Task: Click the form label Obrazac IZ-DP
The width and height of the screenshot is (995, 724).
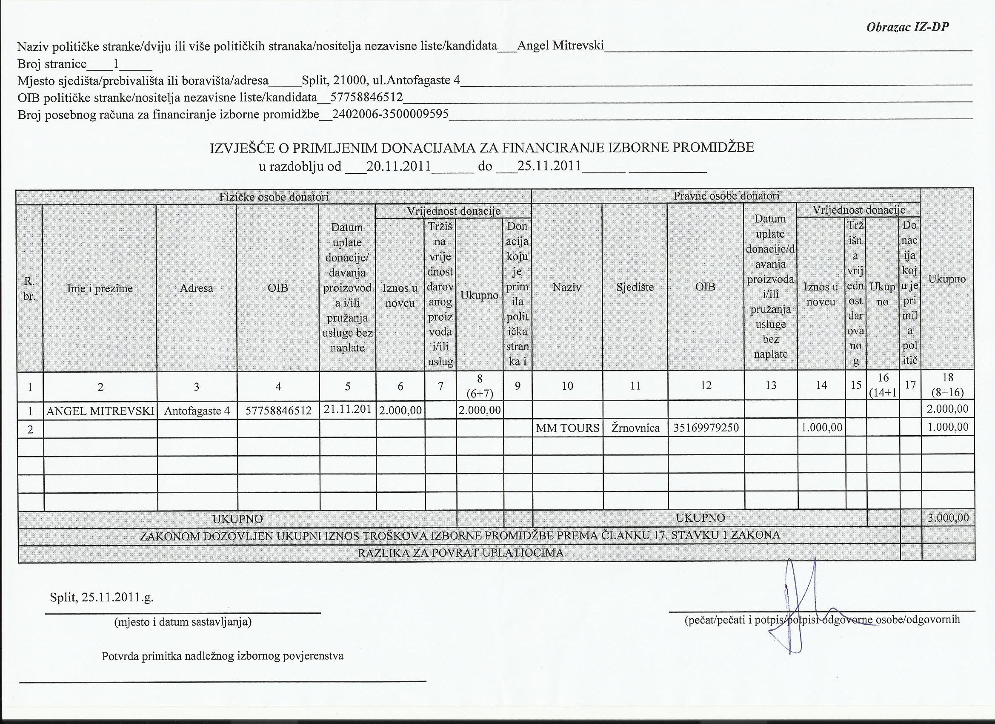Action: coord(908,27)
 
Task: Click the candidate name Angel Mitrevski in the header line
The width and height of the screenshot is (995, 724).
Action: coord(560,46)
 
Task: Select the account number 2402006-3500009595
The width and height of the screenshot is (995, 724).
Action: coord(390,114)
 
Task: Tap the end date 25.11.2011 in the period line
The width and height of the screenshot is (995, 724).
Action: coord(549,167)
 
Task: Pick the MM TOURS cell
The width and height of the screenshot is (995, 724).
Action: coord(567,428)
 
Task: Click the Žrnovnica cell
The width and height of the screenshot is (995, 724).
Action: coord(635,428)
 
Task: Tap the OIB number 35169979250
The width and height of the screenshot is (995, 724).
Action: coord(706,428)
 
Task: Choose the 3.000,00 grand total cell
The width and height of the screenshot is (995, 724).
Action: coord(948,517)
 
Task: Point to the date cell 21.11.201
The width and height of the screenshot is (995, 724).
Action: coord(347,409)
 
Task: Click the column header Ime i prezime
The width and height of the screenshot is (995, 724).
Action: coord(100,288)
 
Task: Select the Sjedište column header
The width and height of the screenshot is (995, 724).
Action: coord(635,287)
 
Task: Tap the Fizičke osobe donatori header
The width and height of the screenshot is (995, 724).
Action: coord(274,197)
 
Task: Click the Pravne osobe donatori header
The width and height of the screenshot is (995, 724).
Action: coord(726,196)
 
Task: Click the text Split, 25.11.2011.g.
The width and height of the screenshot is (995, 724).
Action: coord(102,598)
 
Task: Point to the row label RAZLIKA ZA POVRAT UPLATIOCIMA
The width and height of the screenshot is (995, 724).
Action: coord(460,553)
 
